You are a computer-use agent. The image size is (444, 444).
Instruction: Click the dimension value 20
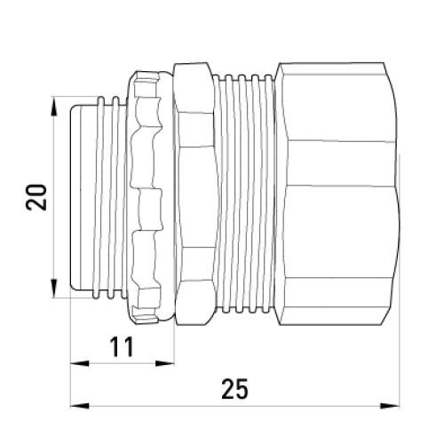coord(36,197)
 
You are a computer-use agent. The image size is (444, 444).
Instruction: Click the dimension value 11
coord(122,347)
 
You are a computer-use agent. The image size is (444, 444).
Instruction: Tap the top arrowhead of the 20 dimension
coord(53,107)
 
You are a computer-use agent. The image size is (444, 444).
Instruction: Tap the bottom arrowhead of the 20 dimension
coord(53,289)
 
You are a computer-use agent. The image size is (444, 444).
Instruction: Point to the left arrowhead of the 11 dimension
coord(80,363)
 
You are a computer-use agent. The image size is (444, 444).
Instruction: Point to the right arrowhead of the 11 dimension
coord(165,363)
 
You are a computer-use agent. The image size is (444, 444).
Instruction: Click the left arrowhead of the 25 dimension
coord(80,406)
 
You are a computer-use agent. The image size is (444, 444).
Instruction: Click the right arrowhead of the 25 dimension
coord(390,406)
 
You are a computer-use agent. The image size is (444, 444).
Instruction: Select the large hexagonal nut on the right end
coord(337,194)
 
